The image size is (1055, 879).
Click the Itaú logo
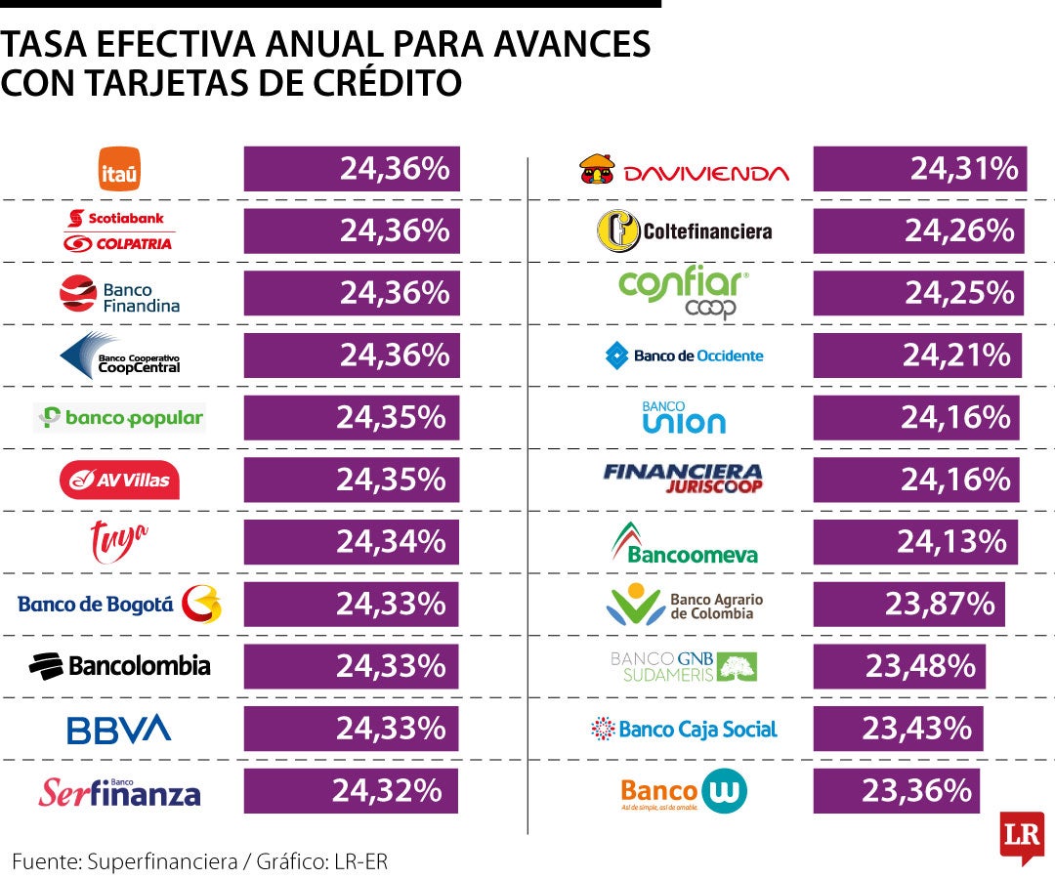pyautogui.click(x=120, y=169)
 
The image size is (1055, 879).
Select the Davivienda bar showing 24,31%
pyautogui.click(x=919, y=169)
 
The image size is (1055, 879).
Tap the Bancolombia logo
pyautogui.click(x=120, y=666)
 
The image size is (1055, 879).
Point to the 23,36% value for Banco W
pyautogui.click(x=917, y=790)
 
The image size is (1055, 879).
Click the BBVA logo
pyautogui.click(x=119, y=729)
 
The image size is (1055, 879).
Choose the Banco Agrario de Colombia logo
pyautogui.click(x=685, y=606)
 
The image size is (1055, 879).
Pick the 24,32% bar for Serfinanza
pyautogui.click(x=350, y=790)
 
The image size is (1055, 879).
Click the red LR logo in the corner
pyautogui.click(x=1022, y=836)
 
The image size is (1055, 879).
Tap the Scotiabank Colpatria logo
pyautogui.click(x=119, y=230)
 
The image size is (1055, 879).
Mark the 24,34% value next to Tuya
pyautogui.click(x=391, y=541)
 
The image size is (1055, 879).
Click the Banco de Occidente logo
pyautogui.click(x=685, y=356)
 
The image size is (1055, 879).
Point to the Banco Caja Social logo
pyautogui.click(x=685, y=729)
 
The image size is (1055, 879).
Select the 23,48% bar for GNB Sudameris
pyautogui.click(x=899, y=666)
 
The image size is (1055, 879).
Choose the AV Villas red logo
pyautogui.click(x=119, y=480)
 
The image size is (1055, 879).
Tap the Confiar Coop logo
pyautogui.click(x=685, y=294)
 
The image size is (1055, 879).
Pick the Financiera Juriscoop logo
pyautogui.click(x=683, y=479)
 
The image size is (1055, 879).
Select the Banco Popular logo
pyautogui.click(x=119, y=418)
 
